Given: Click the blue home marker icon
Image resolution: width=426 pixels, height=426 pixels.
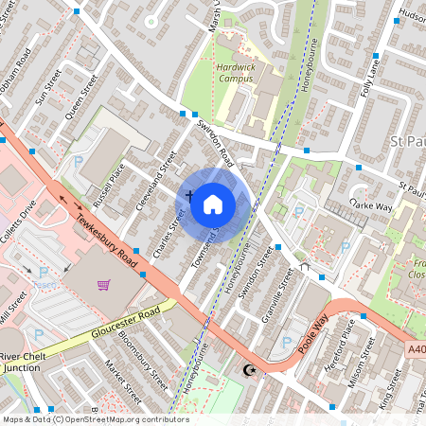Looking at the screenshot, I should [213, 204].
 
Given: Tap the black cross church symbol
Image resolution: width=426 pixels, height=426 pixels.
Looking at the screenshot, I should [189, 196].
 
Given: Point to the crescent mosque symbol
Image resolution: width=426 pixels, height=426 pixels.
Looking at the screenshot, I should [250, 369].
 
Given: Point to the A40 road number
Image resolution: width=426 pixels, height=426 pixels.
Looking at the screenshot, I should [417, 349].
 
